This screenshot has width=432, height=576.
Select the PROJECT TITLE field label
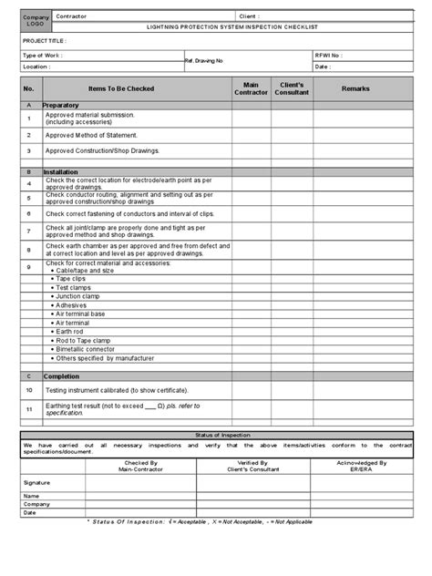point(43,42)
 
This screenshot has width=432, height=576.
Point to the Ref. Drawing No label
point(203,61)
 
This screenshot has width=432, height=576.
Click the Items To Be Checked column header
point(121,88)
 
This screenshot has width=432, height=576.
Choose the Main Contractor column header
point(251,88)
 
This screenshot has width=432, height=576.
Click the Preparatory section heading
point(61,106)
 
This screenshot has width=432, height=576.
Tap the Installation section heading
point(62,171)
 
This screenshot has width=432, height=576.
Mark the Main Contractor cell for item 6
point(251,213)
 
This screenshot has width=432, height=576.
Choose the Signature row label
point(37,482)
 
